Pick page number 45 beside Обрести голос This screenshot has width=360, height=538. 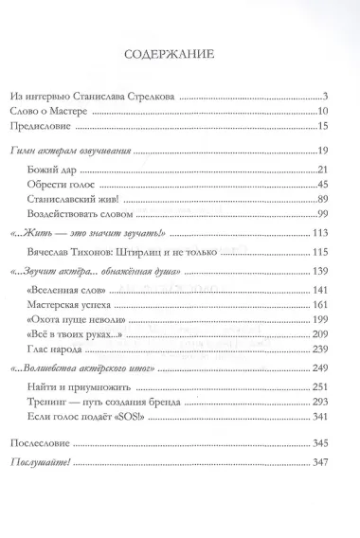321,183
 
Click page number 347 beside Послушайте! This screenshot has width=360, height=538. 319,459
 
